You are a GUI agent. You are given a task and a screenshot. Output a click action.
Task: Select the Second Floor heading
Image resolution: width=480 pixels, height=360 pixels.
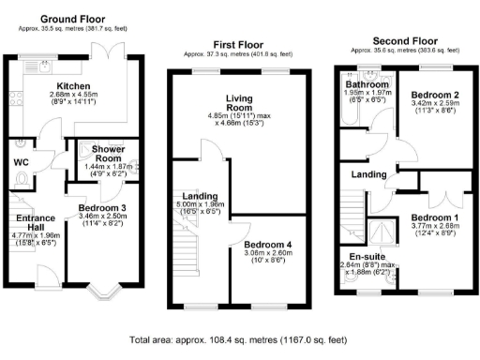(404, 41)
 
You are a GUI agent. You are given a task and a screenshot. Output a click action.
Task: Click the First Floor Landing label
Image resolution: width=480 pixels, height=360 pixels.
(201, 194)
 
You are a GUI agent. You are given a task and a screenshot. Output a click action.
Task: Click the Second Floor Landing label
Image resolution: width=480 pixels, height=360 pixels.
(369, 175)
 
